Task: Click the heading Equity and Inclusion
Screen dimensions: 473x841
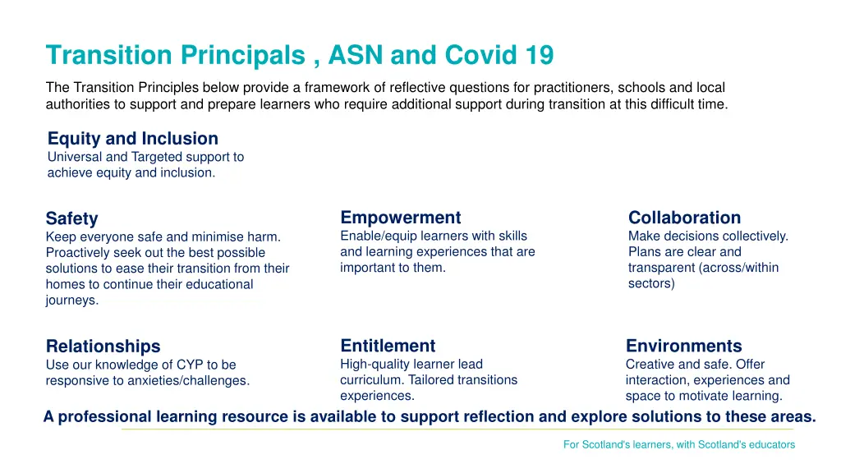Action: coord(132,139)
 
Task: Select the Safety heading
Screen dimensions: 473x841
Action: coord(71,218)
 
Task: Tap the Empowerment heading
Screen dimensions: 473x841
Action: coord(400,218)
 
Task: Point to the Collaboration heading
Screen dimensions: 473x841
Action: coord(684,218)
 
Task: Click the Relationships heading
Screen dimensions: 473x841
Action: coord(103,346)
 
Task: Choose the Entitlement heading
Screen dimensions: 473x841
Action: coord(388,346)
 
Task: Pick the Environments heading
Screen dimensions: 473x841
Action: coord(683,346)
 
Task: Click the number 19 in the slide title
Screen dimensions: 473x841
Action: coord(540,56)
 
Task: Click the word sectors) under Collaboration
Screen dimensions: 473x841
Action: coord(651,283)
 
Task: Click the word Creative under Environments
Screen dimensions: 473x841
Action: coord(649,364)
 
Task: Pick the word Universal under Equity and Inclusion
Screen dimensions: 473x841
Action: coord(75,156)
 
